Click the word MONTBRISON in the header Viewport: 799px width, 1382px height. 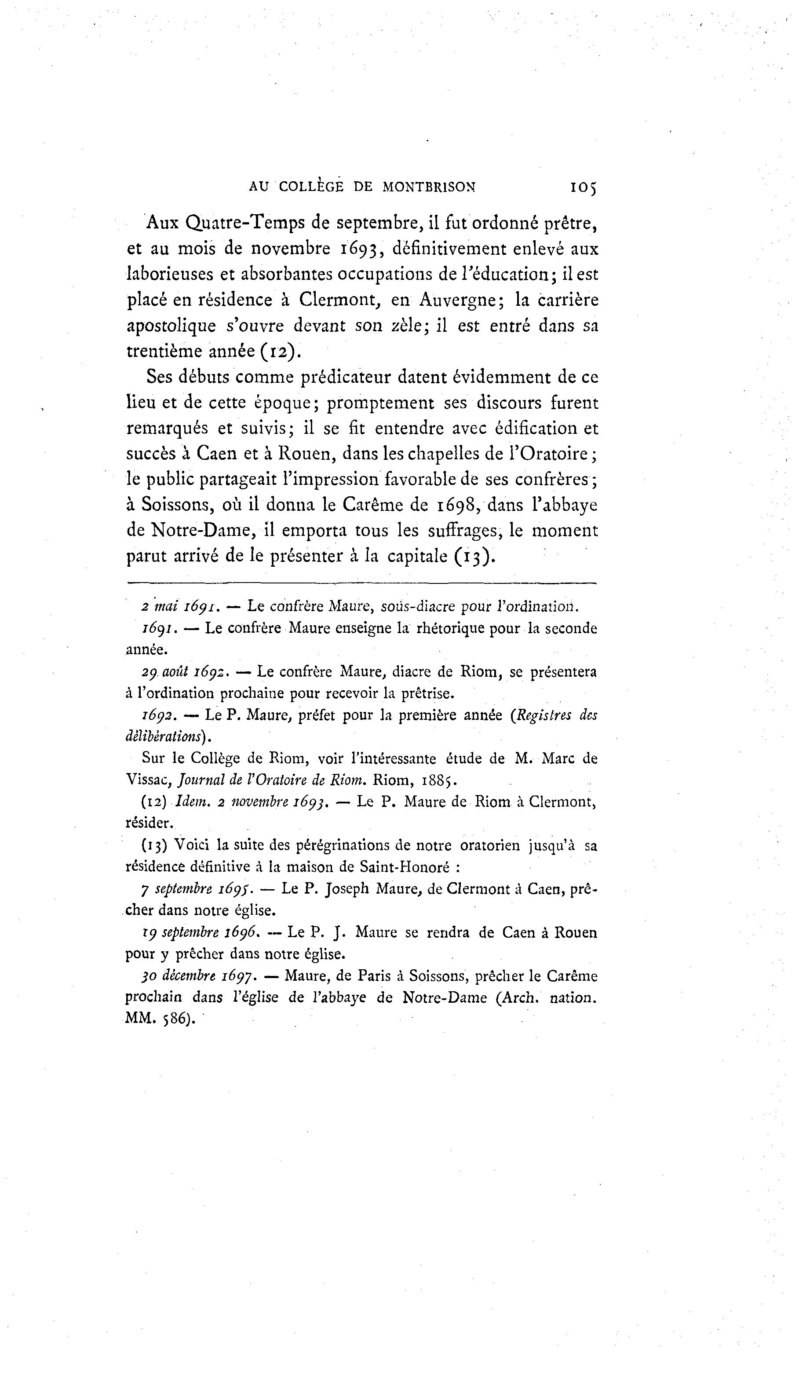pyautogui.click(x=429, y=187)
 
